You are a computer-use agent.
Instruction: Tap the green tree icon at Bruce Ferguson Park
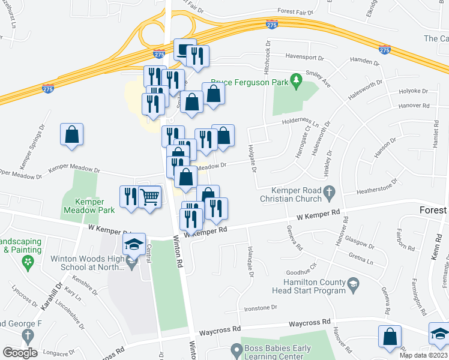coord(295,79)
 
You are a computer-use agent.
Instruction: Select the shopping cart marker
coord(149,196)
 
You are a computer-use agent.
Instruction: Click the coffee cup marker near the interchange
coord(185,50)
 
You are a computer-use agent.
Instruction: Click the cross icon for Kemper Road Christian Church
coord(328,193)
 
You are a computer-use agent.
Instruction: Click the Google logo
coord(20,353)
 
